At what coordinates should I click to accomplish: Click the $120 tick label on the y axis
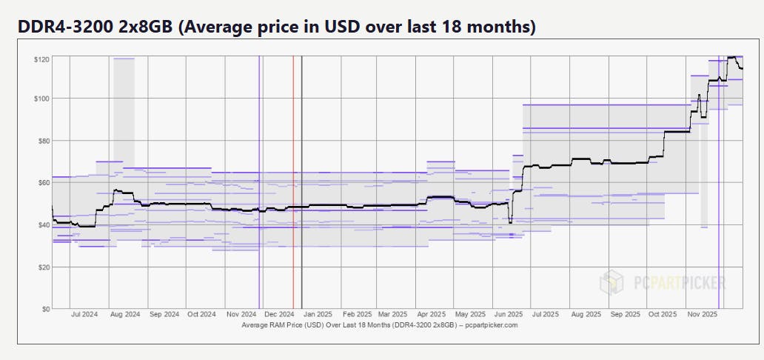coord(41,59)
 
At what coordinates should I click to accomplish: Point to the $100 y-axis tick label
coord(41,99)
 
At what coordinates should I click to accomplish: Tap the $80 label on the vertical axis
coord(42,141)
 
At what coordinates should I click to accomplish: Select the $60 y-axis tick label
coord(42,182)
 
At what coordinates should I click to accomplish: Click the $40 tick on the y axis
coord(42,224)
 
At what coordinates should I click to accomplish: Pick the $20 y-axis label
coord(42,267)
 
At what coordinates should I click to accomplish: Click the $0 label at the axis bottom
coord(44,308)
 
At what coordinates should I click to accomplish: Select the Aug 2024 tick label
coord(125,315)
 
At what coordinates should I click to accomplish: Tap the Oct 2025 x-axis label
coord(662,315)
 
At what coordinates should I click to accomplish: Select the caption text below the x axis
coord(380,325)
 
